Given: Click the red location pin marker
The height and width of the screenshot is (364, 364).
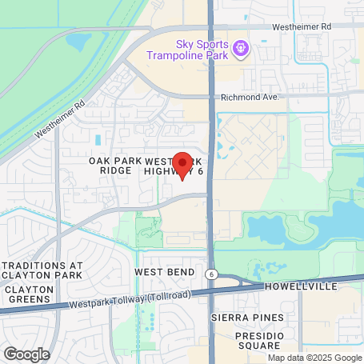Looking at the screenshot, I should click(x=182, y=166).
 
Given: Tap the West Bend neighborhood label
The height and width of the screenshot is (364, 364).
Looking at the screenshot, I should click(x=164, y=272).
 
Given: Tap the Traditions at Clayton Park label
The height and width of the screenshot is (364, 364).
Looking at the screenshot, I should click(x=42, y=270).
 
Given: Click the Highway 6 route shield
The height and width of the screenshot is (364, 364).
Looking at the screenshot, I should click(x=210, y=274).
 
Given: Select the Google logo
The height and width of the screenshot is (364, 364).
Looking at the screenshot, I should click(x=26, y=353).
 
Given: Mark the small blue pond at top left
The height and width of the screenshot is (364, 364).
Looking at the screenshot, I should click(x=79, y=39).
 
